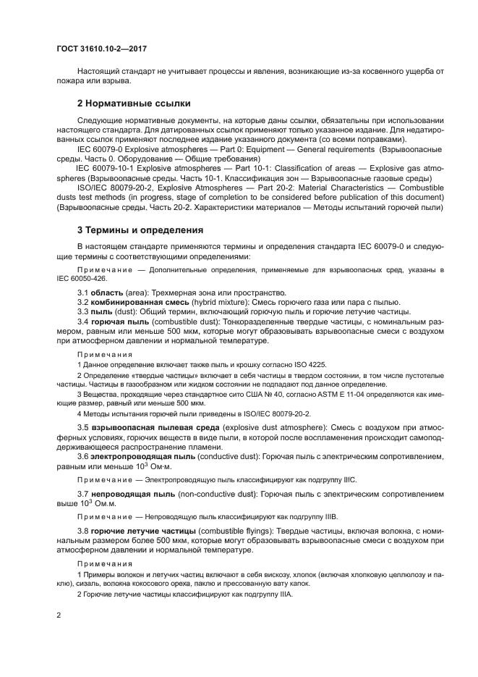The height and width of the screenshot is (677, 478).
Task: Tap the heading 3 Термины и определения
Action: pyautogui.click(x=140, y=230)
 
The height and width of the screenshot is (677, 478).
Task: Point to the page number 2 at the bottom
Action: pyautogui.click(x=58, y=615)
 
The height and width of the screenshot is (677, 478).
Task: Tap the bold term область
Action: pyautogui.click(x=106, y=292)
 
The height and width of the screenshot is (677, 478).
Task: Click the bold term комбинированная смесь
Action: pyautogui.click(x=137, y=301)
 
